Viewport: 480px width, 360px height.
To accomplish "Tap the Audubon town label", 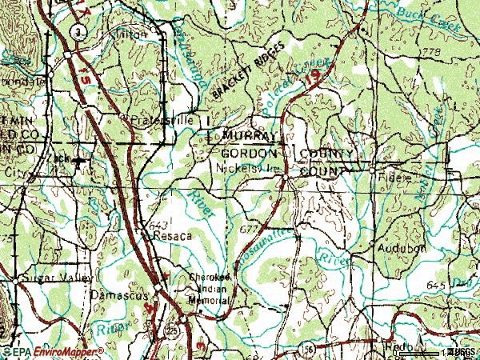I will tap(402, 249).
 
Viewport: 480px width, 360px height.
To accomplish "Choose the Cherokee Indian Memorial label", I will tap(210, 288).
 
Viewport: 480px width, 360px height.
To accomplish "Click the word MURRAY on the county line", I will tap(250, 136).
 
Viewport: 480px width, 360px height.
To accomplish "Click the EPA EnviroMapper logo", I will tap(53, 351).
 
